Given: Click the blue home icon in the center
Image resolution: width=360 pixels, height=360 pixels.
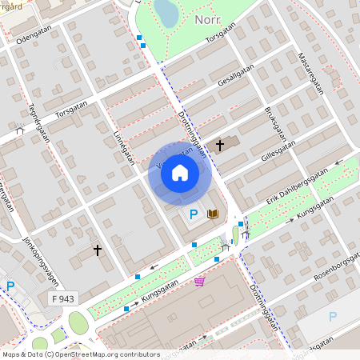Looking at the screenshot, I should pos(180,173).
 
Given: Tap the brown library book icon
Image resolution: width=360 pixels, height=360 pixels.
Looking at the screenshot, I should pos(214,214).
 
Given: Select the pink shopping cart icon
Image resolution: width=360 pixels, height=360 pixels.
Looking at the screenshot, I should pos(199,281).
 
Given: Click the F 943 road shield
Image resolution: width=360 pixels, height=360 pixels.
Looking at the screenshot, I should pos(50,298).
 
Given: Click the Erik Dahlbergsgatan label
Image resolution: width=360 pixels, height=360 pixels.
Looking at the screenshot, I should pos(298,185).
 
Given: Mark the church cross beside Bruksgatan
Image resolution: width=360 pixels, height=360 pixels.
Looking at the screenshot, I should pos(220,146).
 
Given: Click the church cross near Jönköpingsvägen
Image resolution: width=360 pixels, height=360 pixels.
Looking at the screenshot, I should pos(98,250).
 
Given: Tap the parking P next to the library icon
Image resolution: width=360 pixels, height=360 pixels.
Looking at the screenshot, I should pos(193,214).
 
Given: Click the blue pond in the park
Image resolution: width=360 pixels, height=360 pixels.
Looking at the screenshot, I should pos(166,12).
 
